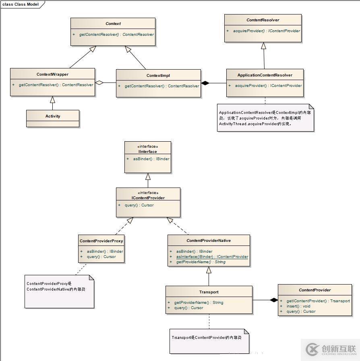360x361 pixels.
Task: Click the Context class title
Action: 113,24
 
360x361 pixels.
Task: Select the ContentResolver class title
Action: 263,20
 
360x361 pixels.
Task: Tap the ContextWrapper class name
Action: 52,74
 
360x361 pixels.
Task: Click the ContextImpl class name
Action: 158,76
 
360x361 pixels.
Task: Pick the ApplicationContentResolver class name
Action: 265,75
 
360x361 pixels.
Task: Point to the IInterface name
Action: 148,152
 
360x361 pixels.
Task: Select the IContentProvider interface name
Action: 148,198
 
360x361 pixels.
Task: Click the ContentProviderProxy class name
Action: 101,241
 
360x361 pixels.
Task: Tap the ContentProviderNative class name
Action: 209,241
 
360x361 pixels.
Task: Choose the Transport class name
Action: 209,292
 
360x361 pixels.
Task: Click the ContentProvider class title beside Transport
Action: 314,290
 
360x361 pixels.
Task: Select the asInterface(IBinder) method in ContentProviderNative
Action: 212,257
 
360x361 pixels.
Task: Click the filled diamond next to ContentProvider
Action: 274,300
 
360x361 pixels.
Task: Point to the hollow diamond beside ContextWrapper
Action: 99,83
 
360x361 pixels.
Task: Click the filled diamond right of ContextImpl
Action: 205,83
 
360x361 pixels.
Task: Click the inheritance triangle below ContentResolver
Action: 263,46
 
